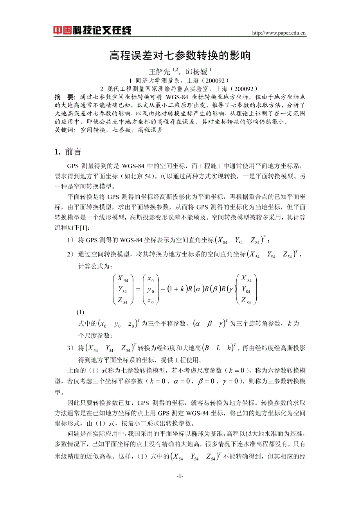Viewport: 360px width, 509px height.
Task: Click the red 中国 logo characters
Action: point(62,30)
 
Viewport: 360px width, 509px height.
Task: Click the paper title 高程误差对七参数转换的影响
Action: point(180,56)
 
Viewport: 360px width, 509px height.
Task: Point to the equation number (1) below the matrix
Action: point(80,312)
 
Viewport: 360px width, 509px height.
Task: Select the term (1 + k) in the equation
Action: point(176,289)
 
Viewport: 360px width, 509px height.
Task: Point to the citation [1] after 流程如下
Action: point(85,228)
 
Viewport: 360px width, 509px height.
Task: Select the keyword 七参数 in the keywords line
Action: point(121,130)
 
